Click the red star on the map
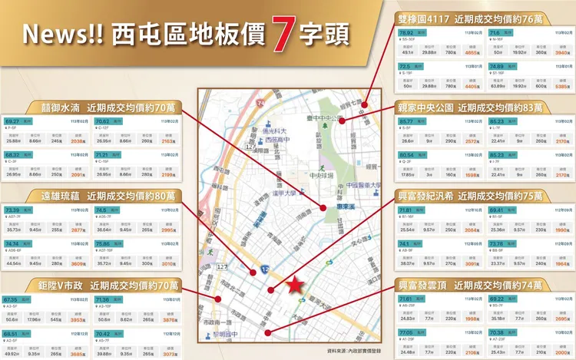click(x=294, y=286)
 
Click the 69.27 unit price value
click(x=12, y=122)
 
